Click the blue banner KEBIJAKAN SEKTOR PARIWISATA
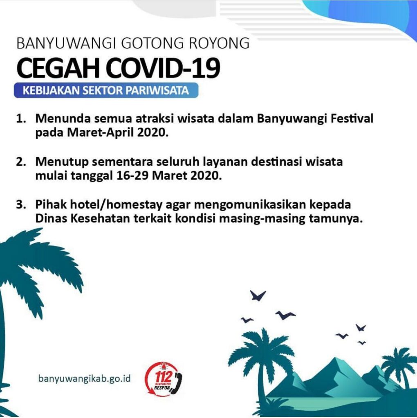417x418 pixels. click(x=106, y=90)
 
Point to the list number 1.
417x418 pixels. click(x=21, y=119)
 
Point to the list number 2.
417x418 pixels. click(x=21, y=162)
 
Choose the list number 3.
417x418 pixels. click(x=21, y=205)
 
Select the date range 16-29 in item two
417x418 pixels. click(x=132, y=176)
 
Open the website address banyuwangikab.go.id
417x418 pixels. click(x=84, y=378)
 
